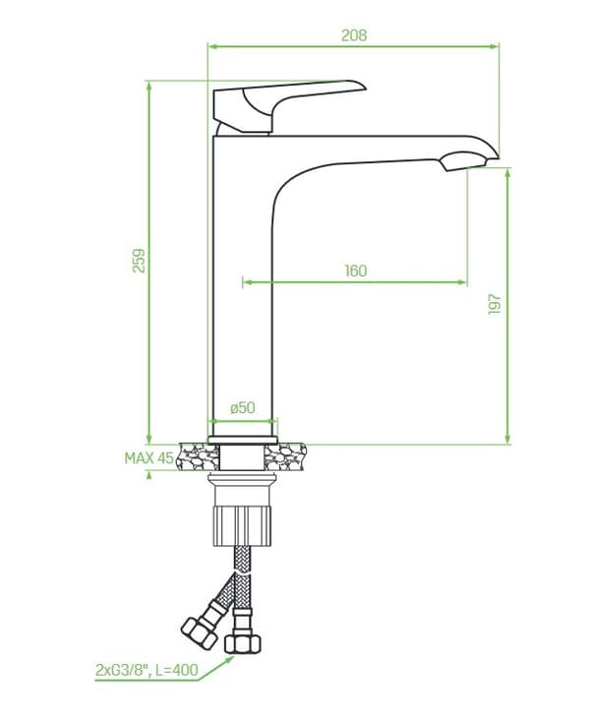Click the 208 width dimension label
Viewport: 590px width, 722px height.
pyautogui.click(x=354, y=35)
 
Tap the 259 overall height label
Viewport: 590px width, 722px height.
pyautogui.click(x=139, y=261)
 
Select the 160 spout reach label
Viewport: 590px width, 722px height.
pyautogui.click(x=356, y=271)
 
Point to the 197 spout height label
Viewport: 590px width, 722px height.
pyautogui.click(x=495, y=303)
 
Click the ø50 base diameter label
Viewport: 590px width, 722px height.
pyautogui.click(x=243, y=407)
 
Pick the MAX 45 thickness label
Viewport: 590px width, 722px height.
pyautogui.click(x=149, y=457)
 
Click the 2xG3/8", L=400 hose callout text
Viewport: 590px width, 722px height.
pyautogui.click(x=147, y=670)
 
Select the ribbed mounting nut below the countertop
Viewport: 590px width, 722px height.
pyautogui.click(x=243, y=525)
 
